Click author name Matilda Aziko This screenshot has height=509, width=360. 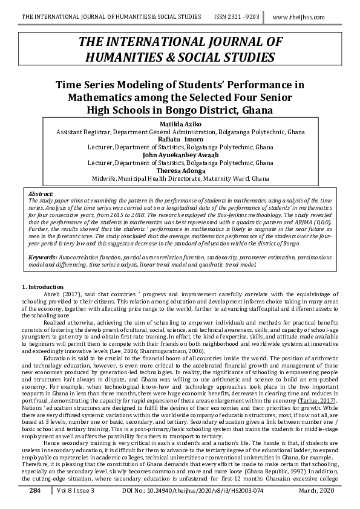coord(180,123)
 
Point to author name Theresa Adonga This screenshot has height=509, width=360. coord(180,171)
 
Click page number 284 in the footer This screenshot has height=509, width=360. coord(34,493)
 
